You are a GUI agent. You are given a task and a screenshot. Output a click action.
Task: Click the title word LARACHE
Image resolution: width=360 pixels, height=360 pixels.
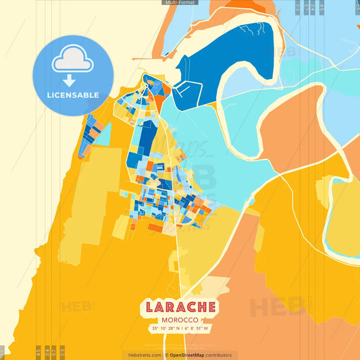tap(180, 307)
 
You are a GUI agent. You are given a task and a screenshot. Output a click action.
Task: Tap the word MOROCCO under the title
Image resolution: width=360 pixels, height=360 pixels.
tap(180, 319)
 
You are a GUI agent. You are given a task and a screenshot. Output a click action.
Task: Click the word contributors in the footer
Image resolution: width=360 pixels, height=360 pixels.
tap(220, 355)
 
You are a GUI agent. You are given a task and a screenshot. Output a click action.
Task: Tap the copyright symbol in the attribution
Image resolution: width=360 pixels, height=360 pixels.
tap(166, 355)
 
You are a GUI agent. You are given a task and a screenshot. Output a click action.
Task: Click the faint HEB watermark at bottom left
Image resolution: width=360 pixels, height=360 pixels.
tap(78, 307)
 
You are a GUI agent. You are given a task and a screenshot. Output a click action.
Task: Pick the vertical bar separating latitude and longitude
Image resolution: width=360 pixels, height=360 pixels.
tap(180, 328)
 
